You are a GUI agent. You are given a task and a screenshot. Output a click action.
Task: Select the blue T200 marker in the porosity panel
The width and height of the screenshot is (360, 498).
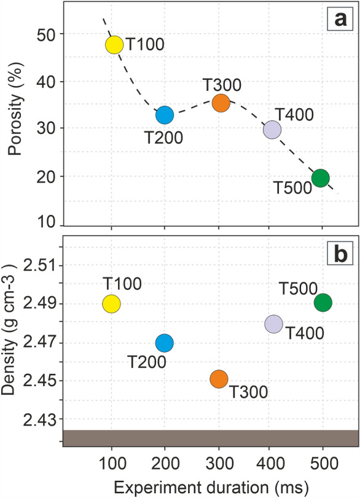[165, 114]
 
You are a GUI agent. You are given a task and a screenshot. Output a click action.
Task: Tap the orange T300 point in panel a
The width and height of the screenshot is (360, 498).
[221, 103]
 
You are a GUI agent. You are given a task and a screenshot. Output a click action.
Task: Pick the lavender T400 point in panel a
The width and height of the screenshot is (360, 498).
[272, 130]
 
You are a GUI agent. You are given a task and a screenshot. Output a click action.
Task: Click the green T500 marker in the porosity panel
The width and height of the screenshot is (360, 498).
[321, 178]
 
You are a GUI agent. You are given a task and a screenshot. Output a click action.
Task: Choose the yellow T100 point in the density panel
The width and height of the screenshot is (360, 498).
[111, 303]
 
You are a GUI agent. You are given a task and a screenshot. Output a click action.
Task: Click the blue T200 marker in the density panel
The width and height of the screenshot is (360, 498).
[165, 343]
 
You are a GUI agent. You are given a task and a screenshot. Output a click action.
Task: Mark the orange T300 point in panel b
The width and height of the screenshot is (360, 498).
[219, 379]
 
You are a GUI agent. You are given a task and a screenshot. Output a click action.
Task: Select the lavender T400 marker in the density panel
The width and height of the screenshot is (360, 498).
[273, 324]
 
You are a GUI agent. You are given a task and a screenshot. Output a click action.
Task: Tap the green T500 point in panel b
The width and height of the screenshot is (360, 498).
[323, 302]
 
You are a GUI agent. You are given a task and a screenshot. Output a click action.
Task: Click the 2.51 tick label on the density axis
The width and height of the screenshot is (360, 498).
[41, 266]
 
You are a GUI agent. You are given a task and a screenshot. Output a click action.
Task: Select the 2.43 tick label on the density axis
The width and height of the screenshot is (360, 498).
[41, 419]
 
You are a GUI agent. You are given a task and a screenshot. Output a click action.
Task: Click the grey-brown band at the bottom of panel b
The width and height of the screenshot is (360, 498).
[209, 438]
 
